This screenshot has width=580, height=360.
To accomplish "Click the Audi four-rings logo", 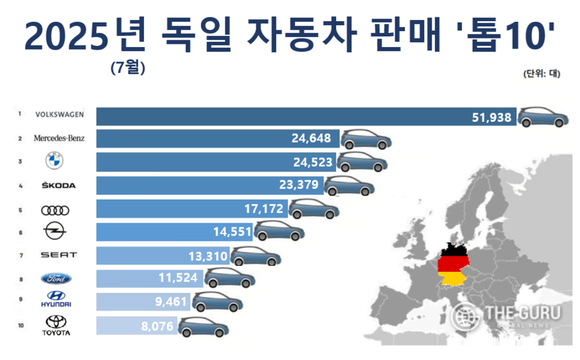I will [54, 210].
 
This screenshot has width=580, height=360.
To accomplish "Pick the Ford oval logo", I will [54, 278].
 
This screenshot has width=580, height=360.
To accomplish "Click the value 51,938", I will [491, 117].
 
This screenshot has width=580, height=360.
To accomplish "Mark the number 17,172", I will [264, 210].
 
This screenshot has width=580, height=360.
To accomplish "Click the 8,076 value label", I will [157, 326].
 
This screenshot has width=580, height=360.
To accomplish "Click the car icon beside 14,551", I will [280, 231].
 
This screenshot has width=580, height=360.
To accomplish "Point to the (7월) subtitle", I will [128, 67].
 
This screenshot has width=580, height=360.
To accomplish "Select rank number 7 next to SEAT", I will [21, 255].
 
